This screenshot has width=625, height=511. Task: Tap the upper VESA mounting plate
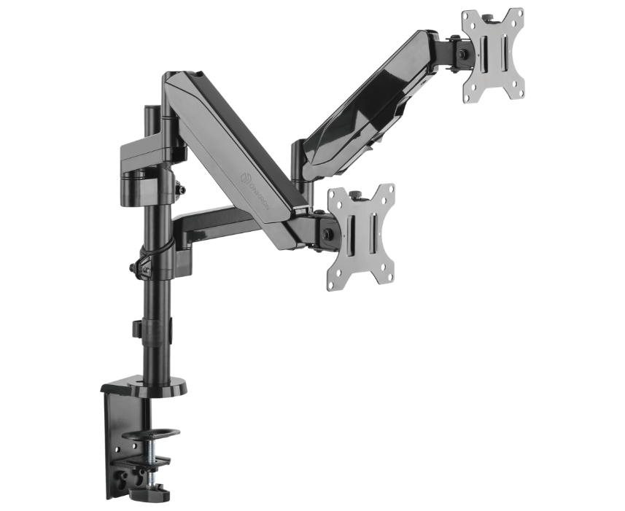[494, 54]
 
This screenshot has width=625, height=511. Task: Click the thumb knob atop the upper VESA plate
[490, 12]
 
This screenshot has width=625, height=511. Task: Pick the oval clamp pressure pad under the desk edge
[151, 434]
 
